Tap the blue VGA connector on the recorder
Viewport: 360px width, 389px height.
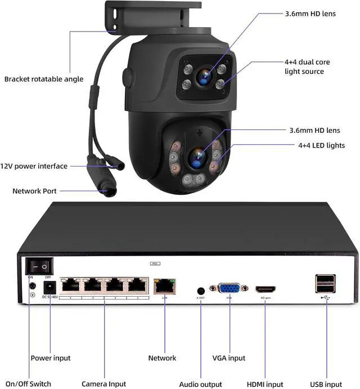click(x=229, y=288)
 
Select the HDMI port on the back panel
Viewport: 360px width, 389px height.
click(x=267, y=289)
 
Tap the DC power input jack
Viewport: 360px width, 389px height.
click(x=48, y=286)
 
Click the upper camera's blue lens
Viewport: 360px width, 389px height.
click(x=202, y=74)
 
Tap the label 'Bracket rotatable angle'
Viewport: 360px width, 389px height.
click(x=44, y=79)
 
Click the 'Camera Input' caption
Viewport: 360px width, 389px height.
click(x=104, y=384)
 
